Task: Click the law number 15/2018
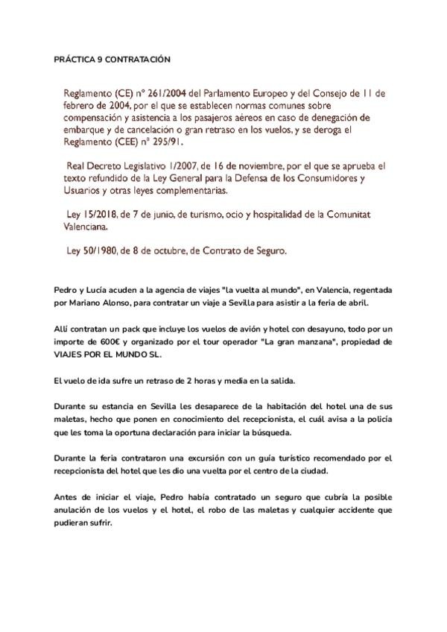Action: [103, 215]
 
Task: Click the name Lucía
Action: [98, 289]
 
